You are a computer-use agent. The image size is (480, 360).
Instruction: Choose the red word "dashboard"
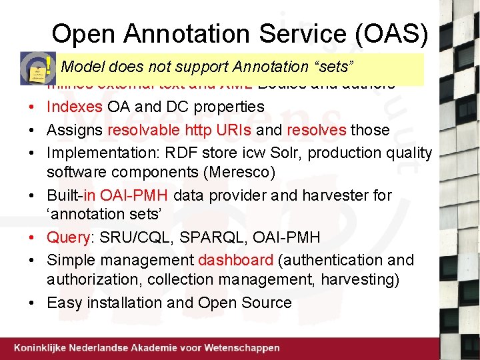click(235, 260)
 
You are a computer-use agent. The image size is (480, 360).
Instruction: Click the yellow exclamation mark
click(49, 66)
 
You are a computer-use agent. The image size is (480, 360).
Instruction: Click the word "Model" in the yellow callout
click(83, 67)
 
